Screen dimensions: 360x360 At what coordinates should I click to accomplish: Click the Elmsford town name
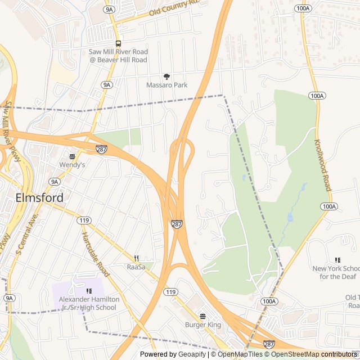[x=39, y=198]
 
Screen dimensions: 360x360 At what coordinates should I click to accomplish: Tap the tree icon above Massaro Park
[x=166, y=76]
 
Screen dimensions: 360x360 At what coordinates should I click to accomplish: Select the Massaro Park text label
[x=166, y=85]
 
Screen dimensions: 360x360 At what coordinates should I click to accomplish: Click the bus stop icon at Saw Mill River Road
[x=118, y=43]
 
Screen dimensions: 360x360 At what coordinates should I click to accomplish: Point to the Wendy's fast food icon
[x=72, y=156]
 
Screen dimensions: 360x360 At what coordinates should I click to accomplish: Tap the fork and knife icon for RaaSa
[x=136, y=258]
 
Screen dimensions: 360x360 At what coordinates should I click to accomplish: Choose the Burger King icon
[x=202, y=316]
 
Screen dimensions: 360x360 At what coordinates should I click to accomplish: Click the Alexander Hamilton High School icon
[x=89, y=291]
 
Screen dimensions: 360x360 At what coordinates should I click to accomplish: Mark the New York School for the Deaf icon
[x=337, y=260]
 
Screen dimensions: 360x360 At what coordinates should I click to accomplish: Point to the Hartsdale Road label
[x=94, y=254]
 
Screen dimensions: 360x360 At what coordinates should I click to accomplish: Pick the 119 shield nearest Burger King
[x=171, y=292]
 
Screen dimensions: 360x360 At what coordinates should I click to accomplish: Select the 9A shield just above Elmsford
[x=54, y=182]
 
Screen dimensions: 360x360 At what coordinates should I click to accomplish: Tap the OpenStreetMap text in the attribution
[x=292, y=354]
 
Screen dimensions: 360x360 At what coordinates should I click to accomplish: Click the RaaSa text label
[x=136, y=267]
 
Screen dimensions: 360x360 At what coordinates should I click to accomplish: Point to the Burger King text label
[x=202, y=325]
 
